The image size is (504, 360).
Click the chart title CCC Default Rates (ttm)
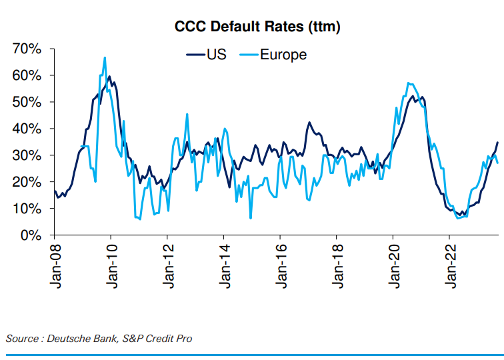tap(258, 27)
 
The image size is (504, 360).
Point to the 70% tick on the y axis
tap(27, 49)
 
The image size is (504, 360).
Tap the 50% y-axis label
tap(27, 102)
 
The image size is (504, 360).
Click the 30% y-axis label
tap(27, 155)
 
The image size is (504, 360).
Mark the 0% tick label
tap(31, 235)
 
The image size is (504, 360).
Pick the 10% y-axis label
tap(27, 209)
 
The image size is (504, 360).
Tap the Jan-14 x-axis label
tap(223, 265)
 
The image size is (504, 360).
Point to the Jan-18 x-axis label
tap(336, 265)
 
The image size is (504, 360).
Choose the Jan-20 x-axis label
tap(393, 265)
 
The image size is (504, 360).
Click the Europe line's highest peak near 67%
tap(105, 57)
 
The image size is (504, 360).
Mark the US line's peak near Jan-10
tap(109, 77)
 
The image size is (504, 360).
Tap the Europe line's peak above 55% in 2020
tap(408, 83)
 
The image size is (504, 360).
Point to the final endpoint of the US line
tap(497, 142)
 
